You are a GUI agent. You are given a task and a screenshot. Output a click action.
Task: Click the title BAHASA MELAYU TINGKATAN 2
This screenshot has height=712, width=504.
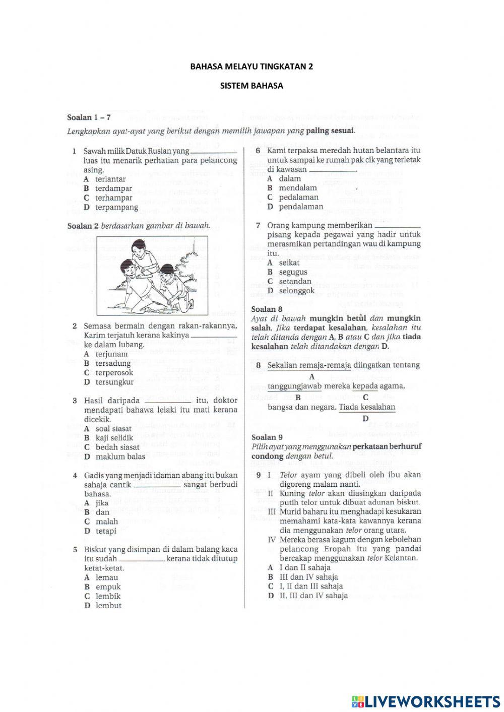pos(251,66)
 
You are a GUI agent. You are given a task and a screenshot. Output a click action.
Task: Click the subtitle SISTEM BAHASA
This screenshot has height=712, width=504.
pos(251,86)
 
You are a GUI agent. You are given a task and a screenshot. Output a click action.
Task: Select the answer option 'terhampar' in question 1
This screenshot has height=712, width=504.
pos(113,198)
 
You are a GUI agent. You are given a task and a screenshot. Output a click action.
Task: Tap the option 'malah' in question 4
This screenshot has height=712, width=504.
pos(106,522)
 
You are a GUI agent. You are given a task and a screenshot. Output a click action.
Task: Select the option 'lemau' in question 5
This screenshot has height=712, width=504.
pos(106,577)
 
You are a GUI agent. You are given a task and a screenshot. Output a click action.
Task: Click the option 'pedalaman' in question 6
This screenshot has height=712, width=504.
pos(298,198)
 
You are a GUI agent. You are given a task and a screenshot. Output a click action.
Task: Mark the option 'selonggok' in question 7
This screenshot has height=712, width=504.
pos(296,291)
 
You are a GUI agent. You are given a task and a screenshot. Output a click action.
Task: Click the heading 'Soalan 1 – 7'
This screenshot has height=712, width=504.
pos(89,117)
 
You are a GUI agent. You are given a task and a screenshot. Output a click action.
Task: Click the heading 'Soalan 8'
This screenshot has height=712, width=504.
pos(267,309)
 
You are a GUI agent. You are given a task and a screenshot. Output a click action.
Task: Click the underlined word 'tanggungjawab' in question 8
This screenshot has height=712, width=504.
pos(294,386)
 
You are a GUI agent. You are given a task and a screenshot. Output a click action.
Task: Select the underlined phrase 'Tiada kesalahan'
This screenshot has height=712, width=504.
pos(367,407)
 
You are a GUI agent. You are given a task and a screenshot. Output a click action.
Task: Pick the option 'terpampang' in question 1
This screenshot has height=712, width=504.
pos(116,207)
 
